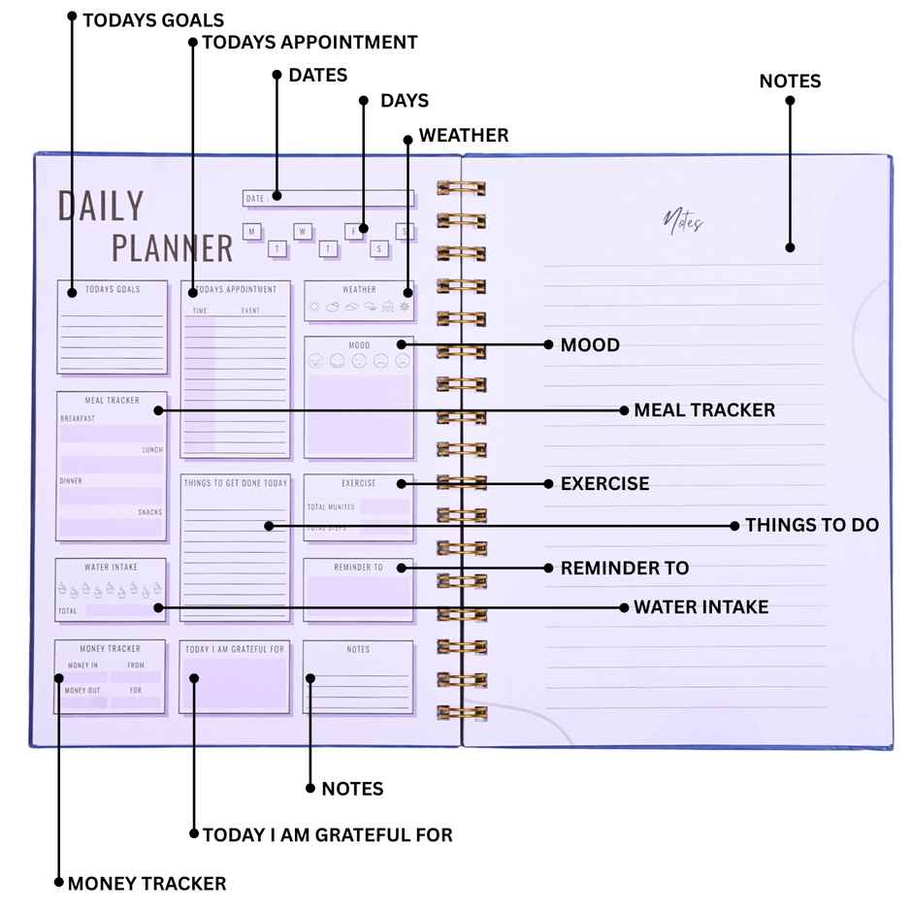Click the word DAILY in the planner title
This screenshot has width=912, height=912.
[101, 207]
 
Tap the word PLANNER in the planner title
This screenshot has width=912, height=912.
[172, 248]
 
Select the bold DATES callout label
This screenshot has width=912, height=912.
[317, 76]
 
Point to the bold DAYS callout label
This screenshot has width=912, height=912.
[404, 101]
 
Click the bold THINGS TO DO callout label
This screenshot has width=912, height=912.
[812, 525]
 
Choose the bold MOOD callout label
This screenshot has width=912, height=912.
[590, 344]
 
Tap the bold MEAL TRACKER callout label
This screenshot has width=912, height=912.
[704, 410]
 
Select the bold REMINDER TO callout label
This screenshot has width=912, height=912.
[625, 568]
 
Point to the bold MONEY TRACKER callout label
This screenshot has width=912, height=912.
[147, 884]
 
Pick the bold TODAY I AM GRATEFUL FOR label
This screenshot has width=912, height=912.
[327, 834]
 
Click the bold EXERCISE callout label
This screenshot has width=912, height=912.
[604, 483]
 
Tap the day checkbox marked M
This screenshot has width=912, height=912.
[252, 232]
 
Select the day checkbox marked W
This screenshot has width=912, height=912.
[303, 232]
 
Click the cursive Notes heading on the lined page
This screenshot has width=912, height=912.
[683, 221]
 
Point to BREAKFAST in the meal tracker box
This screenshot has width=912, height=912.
[78, 418]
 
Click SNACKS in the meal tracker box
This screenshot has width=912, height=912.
[150, 512]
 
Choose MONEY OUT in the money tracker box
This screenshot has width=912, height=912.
[82, 690]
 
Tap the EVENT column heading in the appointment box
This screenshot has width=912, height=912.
[250, 310]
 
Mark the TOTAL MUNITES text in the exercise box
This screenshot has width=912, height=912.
[331, 507]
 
